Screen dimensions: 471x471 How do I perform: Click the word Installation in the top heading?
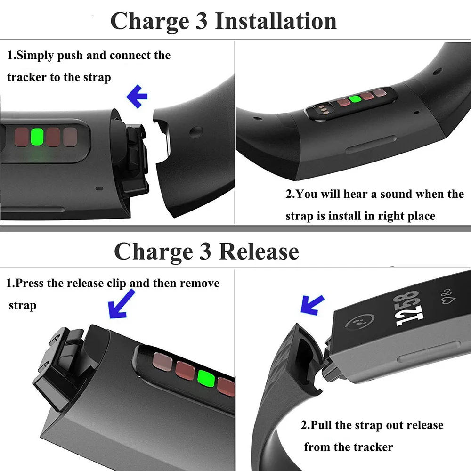point(276,21)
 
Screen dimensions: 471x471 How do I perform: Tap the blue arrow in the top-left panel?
point(137,97)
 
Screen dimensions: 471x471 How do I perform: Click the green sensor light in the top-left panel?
point(37,137)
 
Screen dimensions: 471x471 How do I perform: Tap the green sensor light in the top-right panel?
point(355,99)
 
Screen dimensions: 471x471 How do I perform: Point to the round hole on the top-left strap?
point(198,130)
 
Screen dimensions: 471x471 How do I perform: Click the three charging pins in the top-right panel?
point(323,110)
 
